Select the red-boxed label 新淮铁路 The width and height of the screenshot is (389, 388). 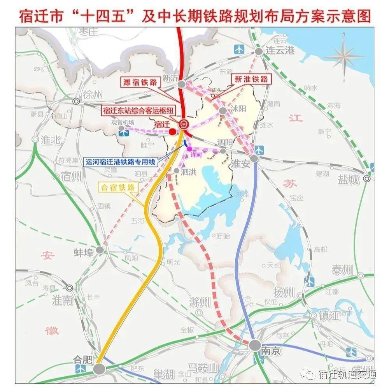tap(251, 79)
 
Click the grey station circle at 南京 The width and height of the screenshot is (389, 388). tap(255, 345)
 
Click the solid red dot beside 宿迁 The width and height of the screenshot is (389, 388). tap(172, 131)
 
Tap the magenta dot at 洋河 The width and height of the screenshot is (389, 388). tap(189, 149)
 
